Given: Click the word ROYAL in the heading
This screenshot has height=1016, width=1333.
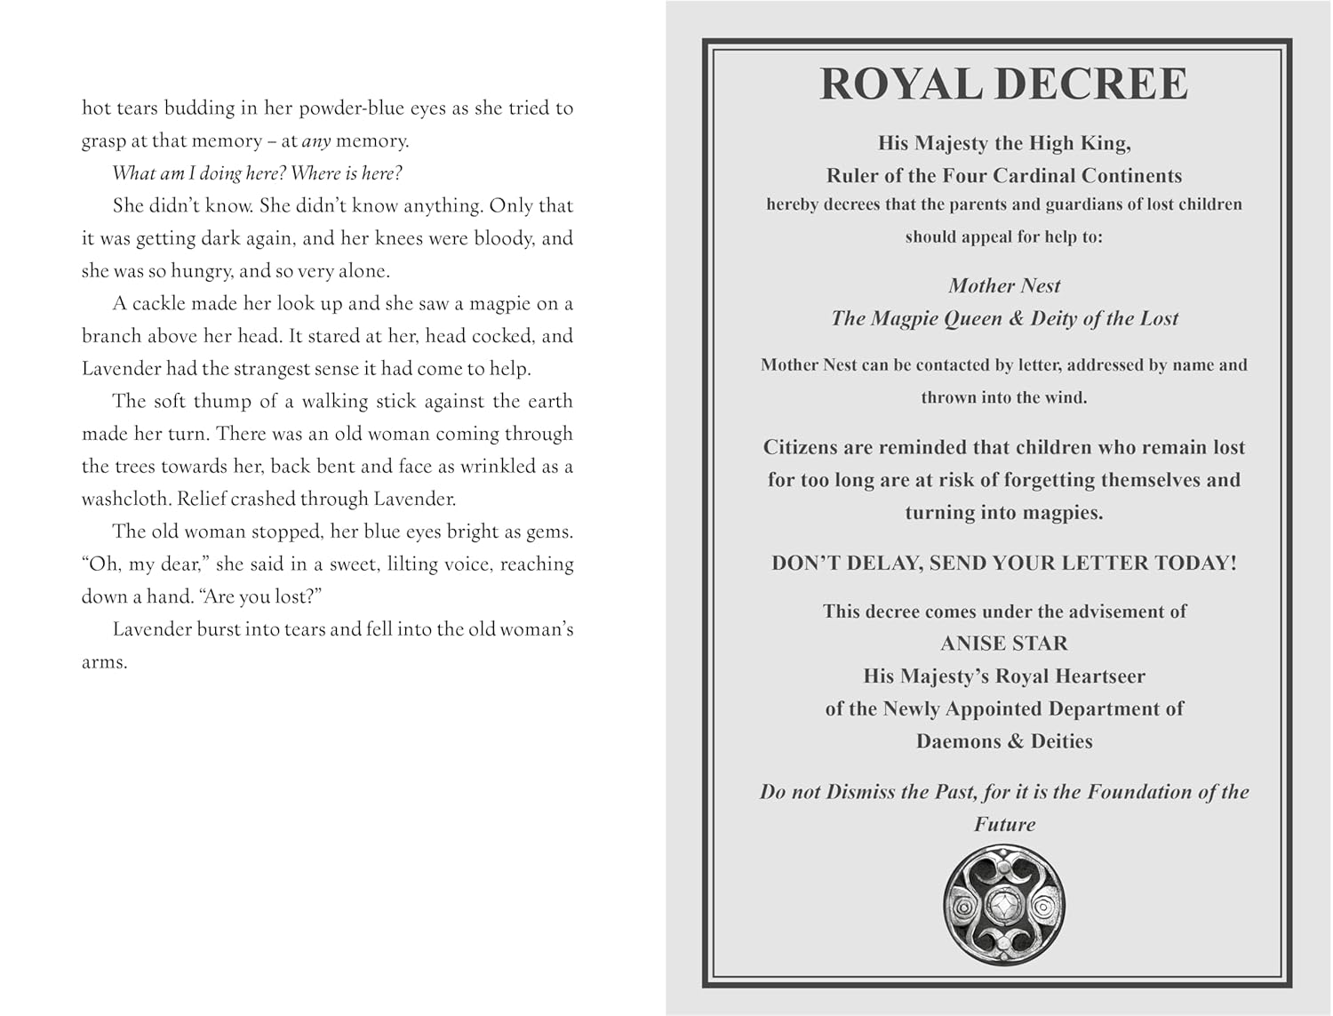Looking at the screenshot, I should click(901, 84).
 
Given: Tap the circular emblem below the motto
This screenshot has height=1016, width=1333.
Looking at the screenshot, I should click(1004, 905).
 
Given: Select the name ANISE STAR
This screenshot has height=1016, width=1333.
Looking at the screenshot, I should click(1004, 644).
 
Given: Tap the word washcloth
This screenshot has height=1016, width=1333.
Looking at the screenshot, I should click(125, 499).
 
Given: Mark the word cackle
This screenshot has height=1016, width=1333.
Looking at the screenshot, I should click(159, 304).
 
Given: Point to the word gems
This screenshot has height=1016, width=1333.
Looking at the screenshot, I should click(550, 532).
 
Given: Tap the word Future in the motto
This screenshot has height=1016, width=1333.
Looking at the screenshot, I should click(1004, 825).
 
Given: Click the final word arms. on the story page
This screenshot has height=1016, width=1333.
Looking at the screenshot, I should click(104, 662).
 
